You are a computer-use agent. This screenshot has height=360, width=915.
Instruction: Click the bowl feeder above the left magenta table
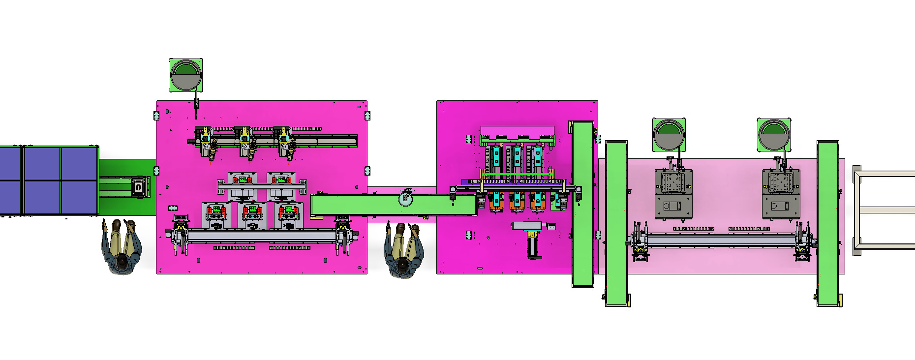pyautogui.click(x=185, y=75)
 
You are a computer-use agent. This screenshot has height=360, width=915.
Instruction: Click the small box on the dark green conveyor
pyautogui.click(x=139, y=188)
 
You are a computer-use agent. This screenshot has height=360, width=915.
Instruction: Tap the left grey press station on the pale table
pyautogui.click(x=673, y=194)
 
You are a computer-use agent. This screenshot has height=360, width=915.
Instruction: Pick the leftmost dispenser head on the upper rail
pyautogui.click(x=208, y=143)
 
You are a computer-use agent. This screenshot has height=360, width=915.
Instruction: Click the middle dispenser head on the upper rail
pyautogui.click(x=247, y=143)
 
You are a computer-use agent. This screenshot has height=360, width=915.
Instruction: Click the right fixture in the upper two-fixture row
pyautogui.click(x=281, y=184)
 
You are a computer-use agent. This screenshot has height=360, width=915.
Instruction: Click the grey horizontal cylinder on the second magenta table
pyautogui.click(x=526, y=226)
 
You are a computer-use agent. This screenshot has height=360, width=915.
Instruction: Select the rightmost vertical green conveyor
pyautogui.click(x=827, y=224)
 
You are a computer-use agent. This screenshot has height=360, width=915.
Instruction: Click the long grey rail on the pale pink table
pyautogui.click(x=721, y=240)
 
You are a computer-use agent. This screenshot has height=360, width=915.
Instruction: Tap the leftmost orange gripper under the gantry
pyautogui.click(x=496, y=202)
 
